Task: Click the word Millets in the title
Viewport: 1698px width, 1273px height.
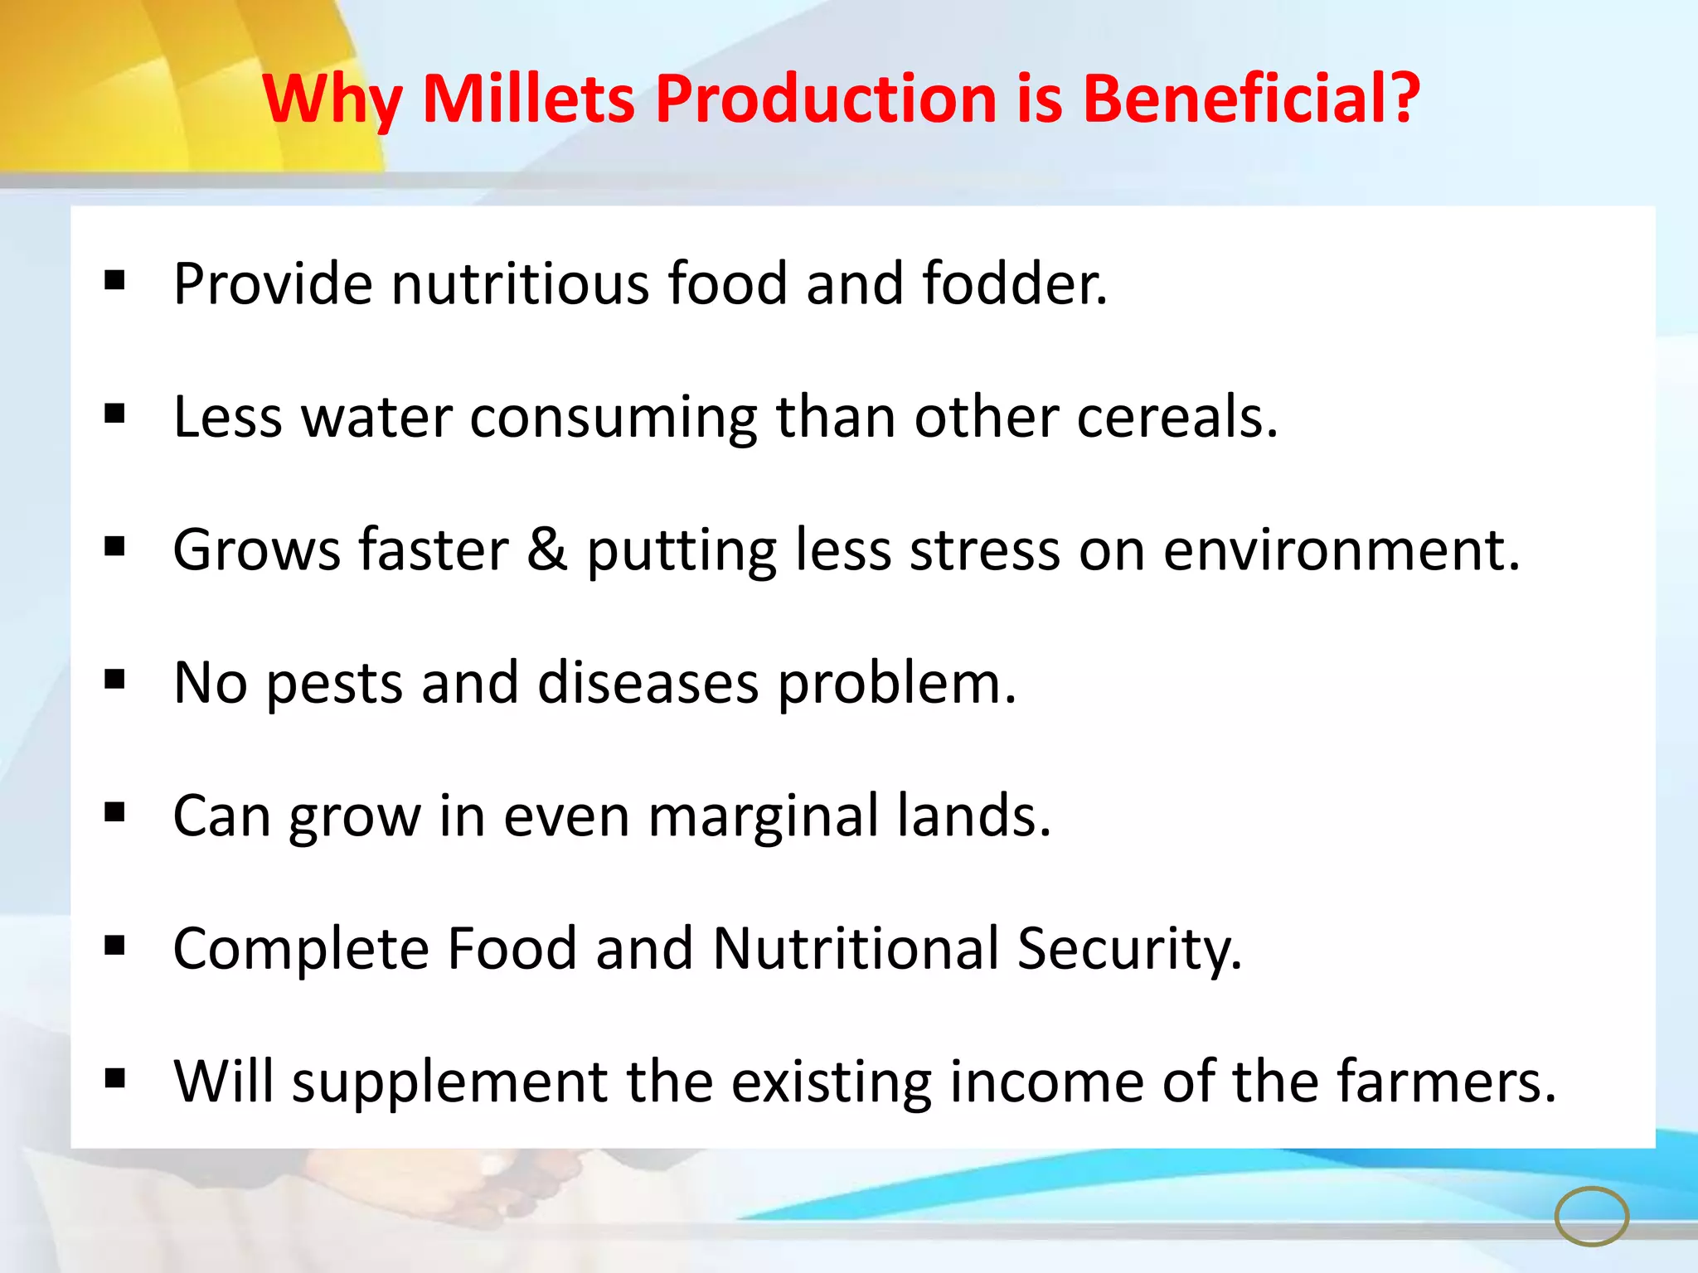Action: pyautogui.click(x=528, y=99)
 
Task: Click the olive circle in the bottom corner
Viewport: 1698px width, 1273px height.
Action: pyautogui.click(x=1592, y=1216)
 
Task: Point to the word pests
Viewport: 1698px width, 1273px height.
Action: pyautogui.click(x=334, y=684)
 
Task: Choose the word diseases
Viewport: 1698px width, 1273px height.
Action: pyautogui.click(x=648, y=684)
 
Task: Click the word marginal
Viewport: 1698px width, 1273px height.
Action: pyautogui.click(x=763, y=816)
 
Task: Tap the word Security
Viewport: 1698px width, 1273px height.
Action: pyautogui.click(x=1129, y=949)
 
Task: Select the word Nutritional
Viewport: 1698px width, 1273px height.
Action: pyautogui.click(x=856, y=949)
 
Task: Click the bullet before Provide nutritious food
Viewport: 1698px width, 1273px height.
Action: pyautogui.click(x=115, y=281)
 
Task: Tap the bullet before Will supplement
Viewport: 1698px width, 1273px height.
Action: pyautogui.click(x=115, y=1078)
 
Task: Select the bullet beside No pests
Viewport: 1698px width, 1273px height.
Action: pyautogui.click(x=115, y=680)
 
